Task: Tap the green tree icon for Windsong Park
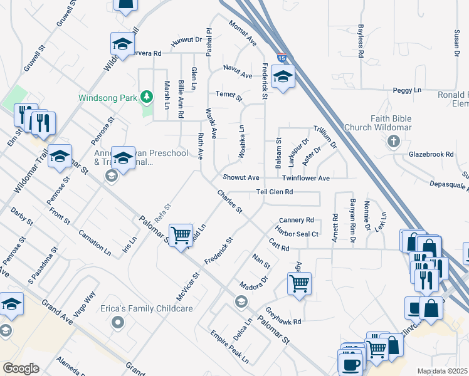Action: pos(147,97)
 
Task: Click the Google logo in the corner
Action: pos(21,368)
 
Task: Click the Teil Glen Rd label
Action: pos(274,192)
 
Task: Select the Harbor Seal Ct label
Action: pos(298,234)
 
